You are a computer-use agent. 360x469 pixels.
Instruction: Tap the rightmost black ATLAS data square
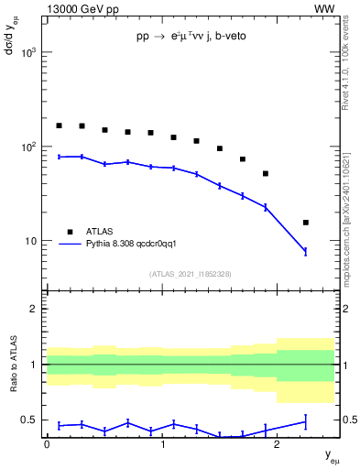(x=306, y=223)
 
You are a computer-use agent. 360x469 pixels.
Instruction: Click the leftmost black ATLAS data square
(x=60, y=125)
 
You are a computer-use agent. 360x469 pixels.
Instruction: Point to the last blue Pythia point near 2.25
(x=306, y=251)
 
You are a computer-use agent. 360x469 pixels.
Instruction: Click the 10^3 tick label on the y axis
(x=28, y=52)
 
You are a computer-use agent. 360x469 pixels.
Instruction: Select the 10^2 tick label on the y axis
(x=28, y=147)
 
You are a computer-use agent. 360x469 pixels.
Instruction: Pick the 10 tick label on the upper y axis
(x=32, y=241)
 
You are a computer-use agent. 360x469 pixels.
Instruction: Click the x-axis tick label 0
(x=47, y=445)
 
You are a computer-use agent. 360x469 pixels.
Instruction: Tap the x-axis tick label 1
(x=162, y=445)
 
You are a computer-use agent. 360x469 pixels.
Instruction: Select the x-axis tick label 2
(x=278, y=445)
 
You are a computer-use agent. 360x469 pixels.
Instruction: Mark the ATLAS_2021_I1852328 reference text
(x=191, y=274)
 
